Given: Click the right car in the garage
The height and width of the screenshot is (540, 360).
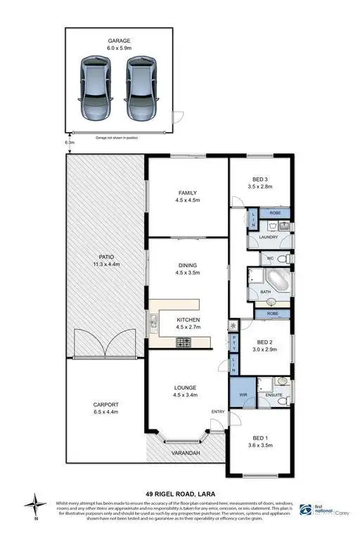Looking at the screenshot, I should click(x=140, y=87).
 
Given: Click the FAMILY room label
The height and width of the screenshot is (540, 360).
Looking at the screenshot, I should click(x=187, y=193).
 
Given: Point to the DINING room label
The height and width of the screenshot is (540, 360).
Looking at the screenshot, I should click(x=187, y=264).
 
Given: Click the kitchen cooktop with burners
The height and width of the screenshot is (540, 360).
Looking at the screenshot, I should click(x=185, y=342).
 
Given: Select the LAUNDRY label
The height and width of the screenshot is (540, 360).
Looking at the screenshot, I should click(x=268, y=237).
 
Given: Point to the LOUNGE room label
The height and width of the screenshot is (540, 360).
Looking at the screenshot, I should click(x=187, y=388).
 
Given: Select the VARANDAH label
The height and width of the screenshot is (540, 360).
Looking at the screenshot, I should click(x=185, y=454).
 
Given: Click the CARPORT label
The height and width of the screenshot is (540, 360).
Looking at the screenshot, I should click(x=106, y=405).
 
